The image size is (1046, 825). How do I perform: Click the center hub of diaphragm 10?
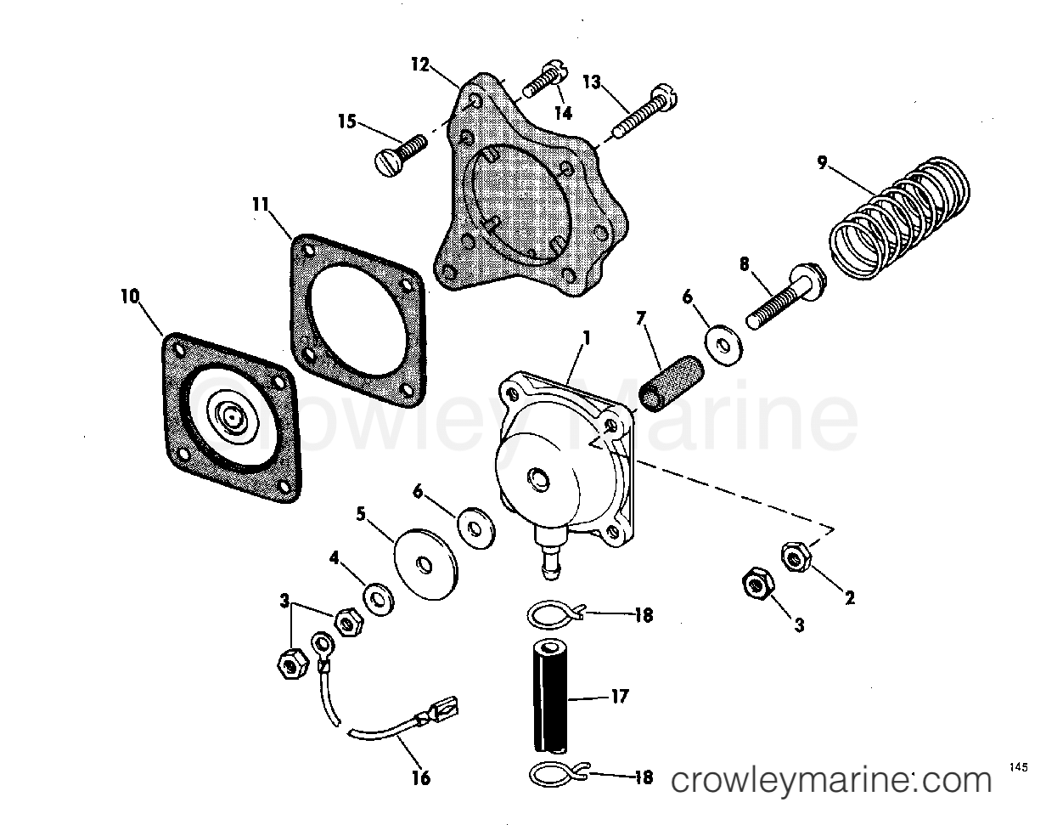tap(231, 415)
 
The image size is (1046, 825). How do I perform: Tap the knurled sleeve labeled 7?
tap(661, 385)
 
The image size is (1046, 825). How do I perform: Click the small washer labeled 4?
tap(375, 597)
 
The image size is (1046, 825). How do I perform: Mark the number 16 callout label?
tap(421, 777)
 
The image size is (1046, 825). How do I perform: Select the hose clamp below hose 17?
tap(554, 775)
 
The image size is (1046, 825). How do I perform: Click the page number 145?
tap(1019, 766)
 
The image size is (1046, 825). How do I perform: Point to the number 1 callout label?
tap(585, 337)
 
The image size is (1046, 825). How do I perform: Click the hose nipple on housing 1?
tap(550, 561)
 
